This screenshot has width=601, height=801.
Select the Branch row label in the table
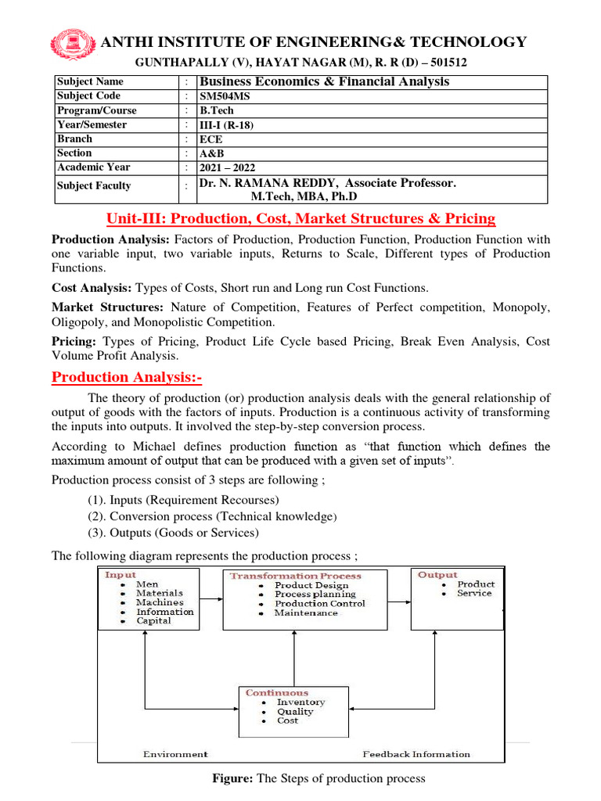point(74,138)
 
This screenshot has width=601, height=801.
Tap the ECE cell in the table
point(211,138)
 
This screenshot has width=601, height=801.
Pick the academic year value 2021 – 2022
point(228,167)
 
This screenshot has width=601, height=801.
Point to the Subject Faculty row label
point(94,186)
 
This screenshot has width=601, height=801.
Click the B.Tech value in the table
point(218,110)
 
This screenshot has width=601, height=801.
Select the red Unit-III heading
point(300,218)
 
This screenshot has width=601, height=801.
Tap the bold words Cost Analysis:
point(89,289)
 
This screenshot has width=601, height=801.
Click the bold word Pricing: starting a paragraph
point(75,341)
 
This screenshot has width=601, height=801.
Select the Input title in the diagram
point(121,575)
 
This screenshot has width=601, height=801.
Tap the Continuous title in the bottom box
point(277,693)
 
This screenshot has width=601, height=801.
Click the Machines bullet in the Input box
point(160,602)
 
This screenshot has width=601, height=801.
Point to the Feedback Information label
point(416,754)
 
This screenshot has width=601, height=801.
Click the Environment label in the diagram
point(175,754)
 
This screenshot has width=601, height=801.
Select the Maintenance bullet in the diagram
point(306,613)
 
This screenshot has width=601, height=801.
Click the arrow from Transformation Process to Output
point(399,602)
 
